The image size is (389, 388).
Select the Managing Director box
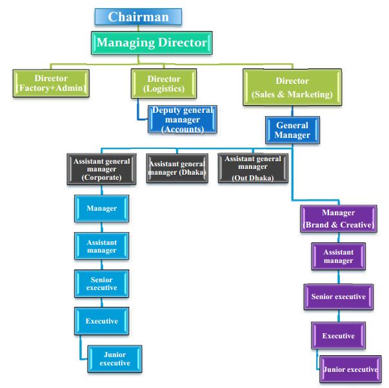click(x=152, y=44)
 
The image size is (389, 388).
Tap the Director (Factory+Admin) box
click(x=51, y=84)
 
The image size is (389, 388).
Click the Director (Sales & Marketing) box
click(x=292, y=88)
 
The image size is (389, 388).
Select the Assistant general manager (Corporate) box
click(x=102, y=170)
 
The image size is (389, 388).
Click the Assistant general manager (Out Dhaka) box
click(x=253, y=168)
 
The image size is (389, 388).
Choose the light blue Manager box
click(x=101, y=209)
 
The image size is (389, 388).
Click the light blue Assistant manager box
click(x=101, y=247)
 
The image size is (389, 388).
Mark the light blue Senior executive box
click(x=101, y=284)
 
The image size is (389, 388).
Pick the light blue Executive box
click(x=101, y=321)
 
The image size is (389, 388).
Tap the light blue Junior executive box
click(x=115, y=359)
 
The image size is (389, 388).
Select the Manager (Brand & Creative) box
click(x=338, y=218)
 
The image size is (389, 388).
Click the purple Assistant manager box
click(x=338, y=257)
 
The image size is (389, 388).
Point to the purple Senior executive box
click(x=338, y=297)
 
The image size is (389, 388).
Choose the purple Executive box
click(x=338, y=336)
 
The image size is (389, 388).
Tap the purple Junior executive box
click(x=350, y=369)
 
